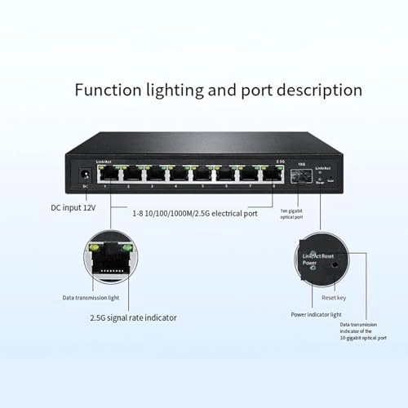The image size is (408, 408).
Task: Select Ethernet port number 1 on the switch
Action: click(106, 174)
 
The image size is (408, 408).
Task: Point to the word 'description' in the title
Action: click(315, 90)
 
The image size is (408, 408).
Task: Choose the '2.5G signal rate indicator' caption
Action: click(133, 318)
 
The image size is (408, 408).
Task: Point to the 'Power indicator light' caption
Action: click(317, 314)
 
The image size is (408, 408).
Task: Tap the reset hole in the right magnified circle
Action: click(335, 265)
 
